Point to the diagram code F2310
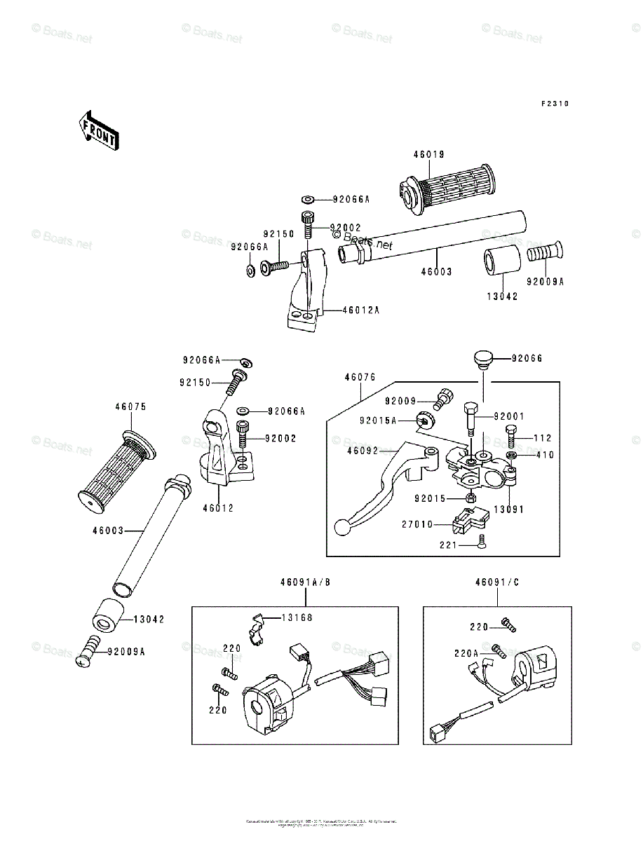click(554, 104)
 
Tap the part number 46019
click(429, 154)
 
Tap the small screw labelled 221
click(481, 541)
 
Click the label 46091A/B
click(305, 582)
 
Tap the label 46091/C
click(497, 582)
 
